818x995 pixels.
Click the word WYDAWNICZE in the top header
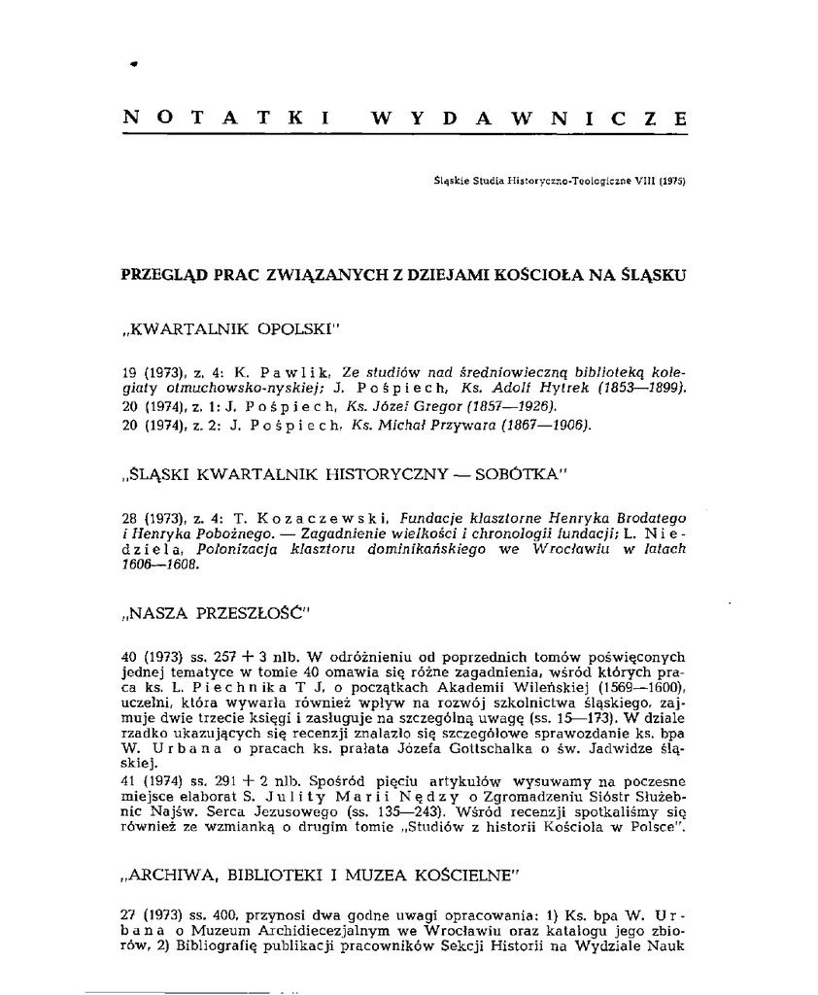(528, 119)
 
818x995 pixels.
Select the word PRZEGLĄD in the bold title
(164, 275)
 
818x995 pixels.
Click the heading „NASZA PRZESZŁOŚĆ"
(216, 614)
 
